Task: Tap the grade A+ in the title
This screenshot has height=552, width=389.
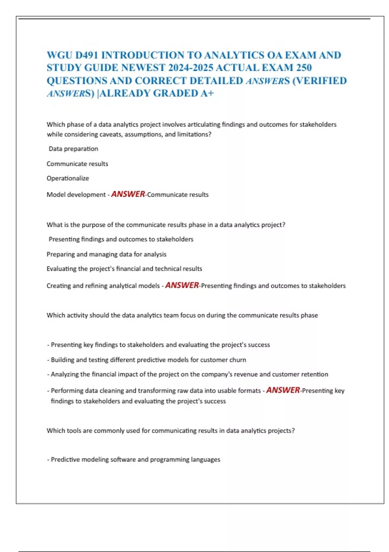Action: [x=207, y=93]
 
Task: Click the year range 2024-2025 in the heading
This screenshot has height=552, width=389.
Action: [x=191, y=68]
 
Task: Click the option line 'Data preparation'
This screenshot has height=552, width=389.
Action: [x=73, y=149]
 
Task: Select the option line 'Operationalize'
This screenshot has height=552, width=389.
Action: [x=68, y=178]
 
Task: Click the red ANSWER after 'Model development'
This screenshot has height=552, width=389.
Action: [x=128, y=194]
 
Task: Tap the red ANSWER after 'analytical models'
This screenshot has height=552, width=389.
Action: [x=182, y=285]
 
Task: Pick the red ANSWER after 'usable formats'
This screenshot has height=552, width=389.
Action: [x=283, y=390]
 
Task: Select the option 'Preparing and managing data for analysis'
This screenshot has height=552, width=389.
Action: [x=106, y=254]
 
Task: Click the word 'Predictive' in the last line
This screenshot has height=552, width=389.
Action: [x=65, y=459]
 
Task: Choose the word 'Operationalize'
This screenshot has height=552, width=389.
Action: [x=68, y=178]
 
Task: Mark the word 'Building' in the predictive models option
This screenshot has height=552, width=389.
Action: [x=63, y=360]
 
